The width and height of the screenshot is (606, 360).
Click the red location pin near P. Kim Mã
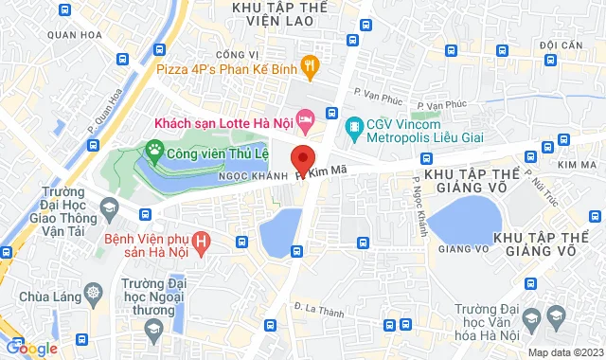pyautogui.click(x=303, y=157)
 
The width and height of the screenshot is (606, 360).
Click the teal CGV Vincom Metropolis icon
pyautogui.click(x=354, y=125)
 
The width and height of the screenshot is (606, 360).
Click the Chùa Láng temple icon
pyautogui.click(x=93, y=289)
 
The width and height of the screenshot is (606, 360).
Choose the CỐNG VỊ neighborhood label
pyautogui.click(x=237, y=55)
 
